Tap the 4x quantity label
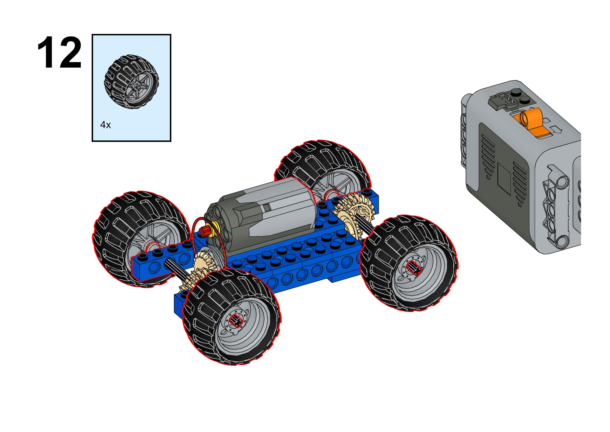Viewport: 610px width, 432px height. click(x=106, y=124)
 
